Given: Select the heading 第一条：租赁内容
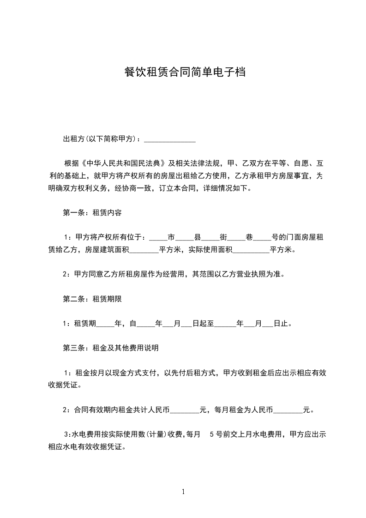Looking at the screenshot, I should point(92,213).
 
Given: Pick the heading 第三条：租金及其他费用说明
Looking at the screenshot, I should point(111,348).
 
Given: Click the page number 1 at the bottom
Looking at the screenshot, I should point(183,491).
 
